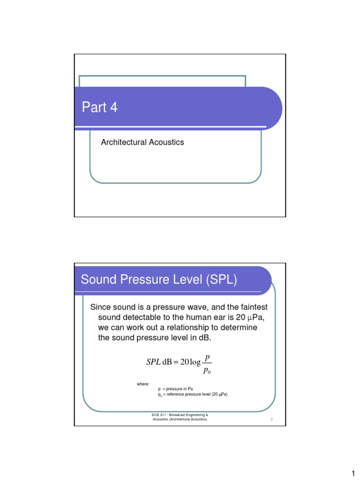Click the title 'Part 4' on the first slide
(x=99, y=108)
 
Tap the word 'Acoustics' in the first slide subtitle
(x=166, y=142)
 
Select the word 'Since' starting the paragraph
(x=100, y=307)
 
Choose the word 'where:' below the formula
(x=143, y=384)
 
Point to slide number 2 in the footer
(x=272, y=420)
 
